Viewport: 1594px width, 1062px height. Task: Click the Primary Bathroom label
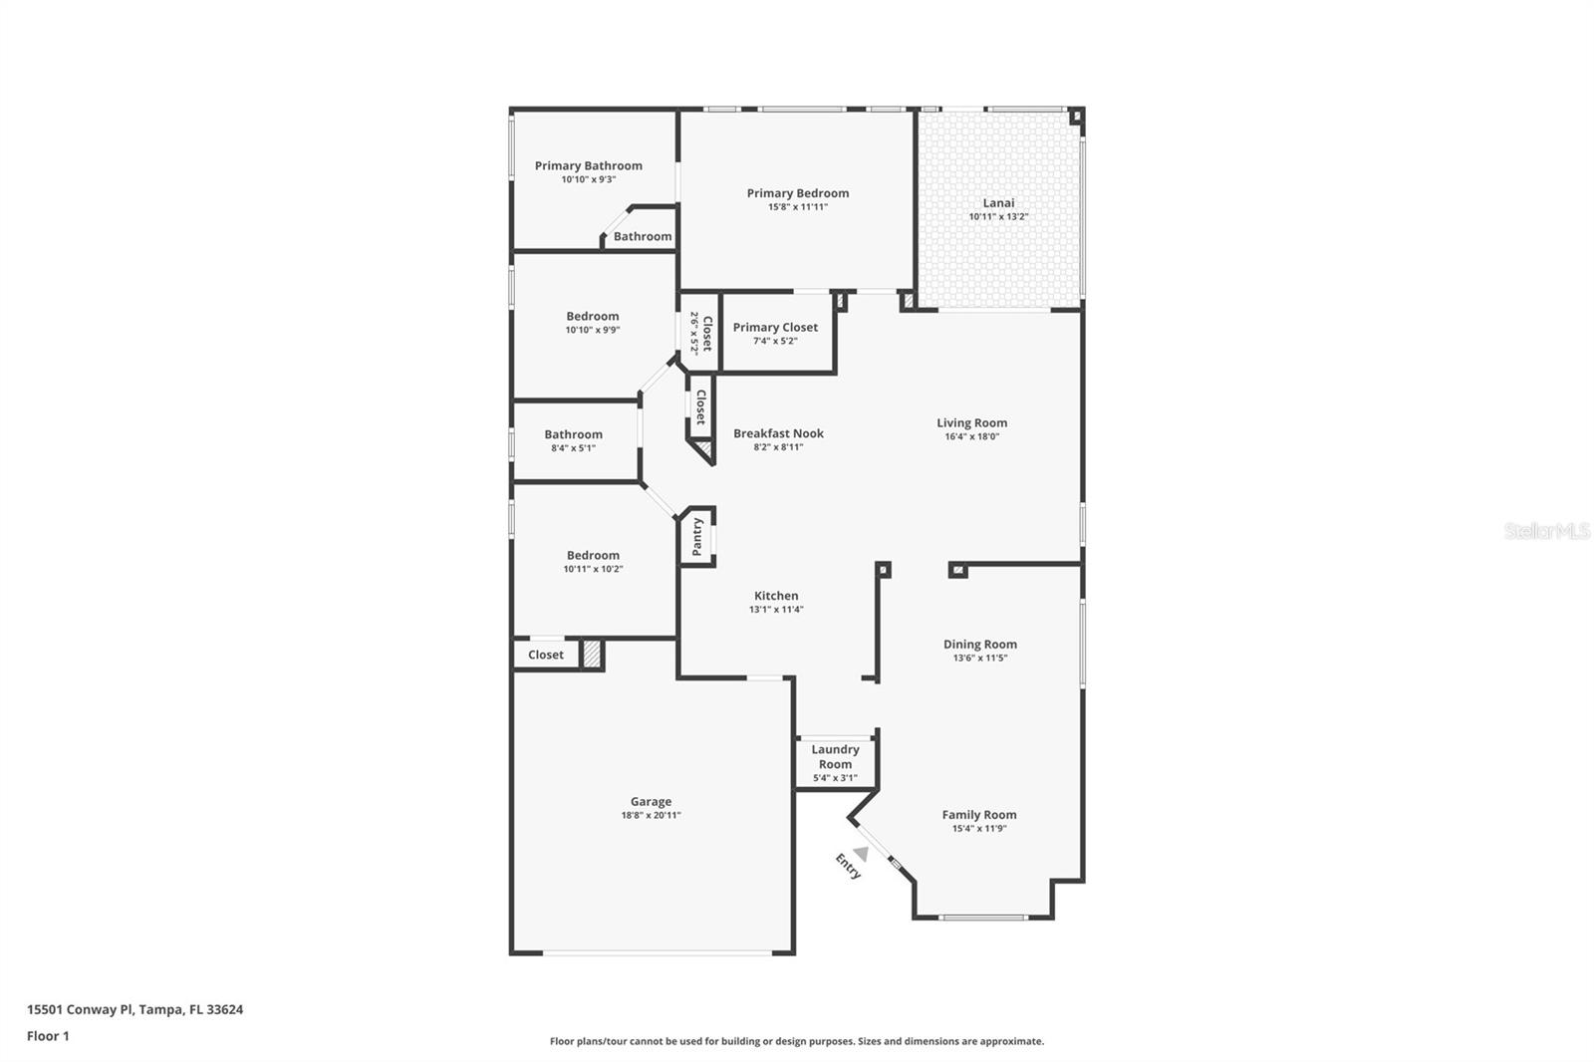click(x=588, y=166)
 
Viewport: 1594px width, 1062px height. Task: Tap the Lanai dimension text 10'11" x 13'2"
click(x=998, y=216)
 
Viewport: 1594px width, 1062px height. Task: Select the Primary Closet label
click(x=775, y=327)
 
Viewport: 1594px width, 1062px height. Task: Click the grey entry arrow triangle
click(x=861, y=854)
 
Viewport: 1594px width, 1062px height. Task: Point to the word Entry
click(x=848, y=867)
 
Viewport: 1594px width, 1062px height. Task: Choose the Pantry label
click(x=697, y=537)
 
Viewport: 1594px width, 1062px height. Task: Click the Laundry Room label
click(x=835, y=757)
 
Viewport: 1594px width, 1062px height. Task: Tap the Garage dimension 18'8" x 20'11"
click(x=651, y=815)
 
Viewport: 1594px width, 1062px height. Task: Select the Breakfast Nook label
click(x=778, y=433)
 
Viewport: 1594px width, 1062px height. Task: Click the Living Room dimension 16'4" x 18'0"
click(x=971, y=436)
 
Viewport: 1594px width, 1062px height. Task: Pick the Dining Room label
click(x=980, y=645)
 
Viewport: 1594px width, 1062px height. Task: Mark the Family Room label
click(x=979, y=815)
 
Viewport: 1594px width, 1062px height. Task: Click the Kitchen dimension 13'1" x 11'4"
click(x=776, y=610)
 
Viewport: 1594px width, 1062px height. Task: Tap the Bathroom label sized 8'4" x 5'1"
click(x=573, y=434)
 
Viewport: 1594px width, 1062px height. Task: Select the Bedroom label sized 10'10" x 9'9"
click(x=593, y=317)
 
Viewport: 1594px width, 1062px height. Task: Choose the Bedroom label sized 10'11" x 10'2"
click(x=593, y=556)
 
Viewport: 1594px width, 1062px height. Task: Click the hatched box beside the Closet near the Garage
click(x=592, y=655)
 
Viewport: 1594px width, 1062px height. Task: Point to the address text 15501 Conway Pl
click(x=80, y=1009)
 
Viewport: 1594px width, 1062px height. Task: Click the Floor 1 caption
click(x=48, y=1036)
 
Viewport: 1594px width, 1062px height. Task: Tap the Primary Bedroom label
click(x=798, y=193)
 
